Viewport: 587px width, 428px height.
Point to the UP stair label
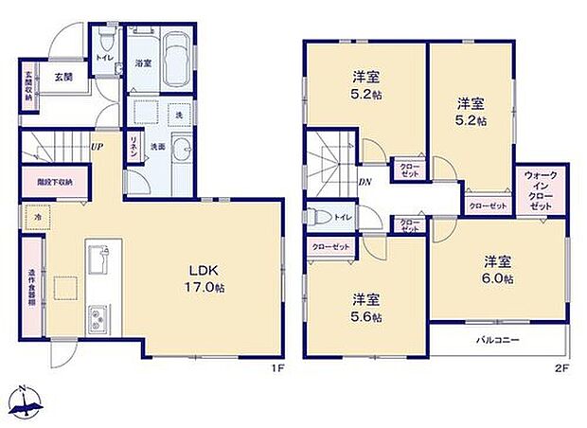point(97,147)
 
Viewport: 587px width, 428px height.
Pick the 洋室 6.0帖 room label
point(498,270)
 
